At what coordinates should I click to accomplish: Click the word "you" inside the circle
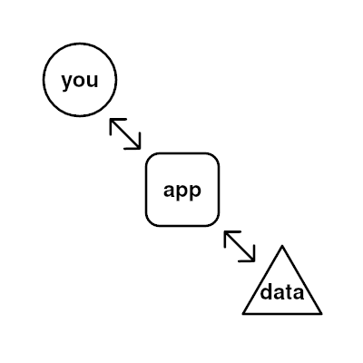pos(80,81)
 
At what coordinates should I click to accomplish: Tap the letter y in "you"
pos(67,83)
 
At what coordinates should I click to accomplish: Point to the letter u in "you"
pos(93,81)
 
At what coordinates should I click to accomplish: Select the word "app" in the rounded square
pos(182,191)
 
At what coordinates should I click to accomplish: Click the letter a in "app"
pos(169,191)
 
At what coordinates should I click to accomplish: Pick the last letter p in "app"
pos(195,192)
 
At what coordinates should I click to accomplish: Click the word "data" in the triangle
pos(282,292)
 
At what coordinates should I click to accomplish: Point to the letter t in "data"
pos(289,291)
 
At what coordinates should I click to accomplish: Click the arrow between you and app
pos(125,133)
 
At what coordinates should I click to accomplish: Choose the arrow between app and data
pos(240,246)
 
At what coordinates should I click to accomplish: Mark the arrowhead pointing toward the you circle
pos(115,123)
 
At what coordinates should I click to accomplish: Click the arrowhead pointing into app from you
pos(135,144)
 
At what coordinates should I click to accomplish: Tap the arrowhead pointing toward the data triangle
pos(250,257)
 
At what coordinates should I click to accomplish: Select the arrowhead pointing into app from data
pos(230,236)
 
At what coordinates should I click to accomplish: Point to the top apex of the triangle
pos(282,246)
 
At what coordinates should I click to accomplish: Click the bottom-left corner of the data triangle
pos(243,314)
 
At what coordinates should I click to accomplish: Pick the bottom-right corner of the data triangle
pos(321,314)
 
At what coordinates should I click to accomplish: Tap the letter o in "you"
pos(80,81)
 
